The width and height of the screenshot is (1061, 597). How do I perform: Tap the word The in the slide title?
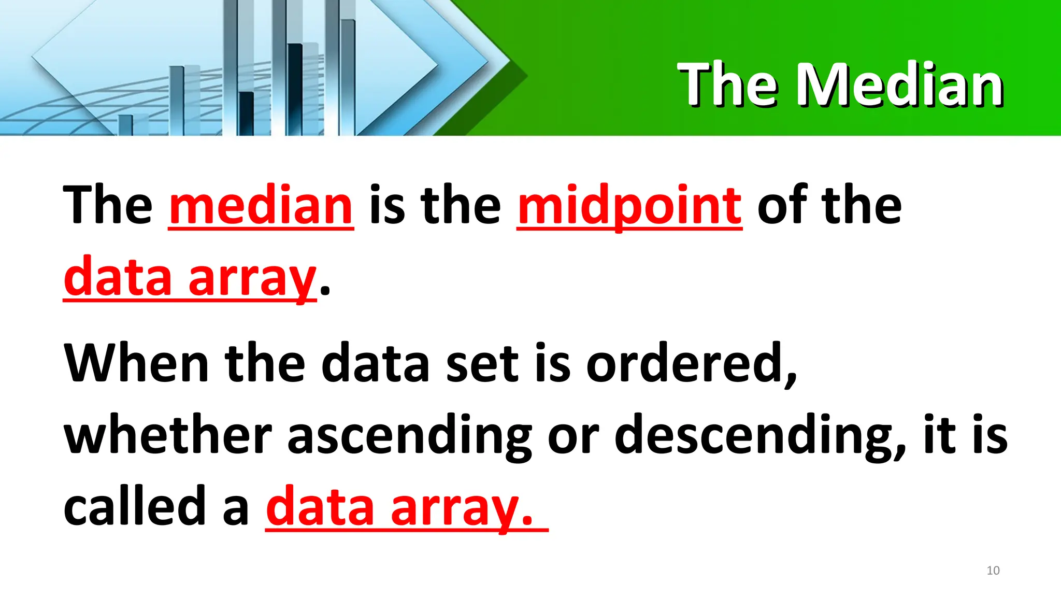pos(728,84)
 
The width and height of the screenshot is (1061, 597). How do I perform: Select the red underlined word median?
pos(261,206)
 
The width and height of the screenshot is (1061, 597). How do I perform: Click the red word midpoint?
pos(629,206)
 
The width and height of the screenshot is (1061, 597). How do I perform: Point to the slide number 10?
pos(993,571)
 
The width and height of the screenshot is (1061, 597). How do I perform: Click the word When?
pos(136,363)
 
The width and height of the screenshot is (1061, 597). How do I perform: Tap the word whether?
pos(168,435)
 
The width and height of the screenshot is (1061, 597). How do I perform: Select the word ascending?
pos(409,435)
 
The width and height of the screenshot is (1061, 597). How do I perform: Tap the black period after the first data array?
pos(325,290)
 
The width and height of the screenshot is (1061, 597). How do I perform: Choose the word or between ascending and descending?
pos(573,435)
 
